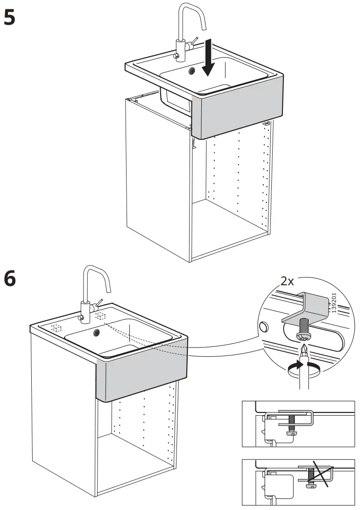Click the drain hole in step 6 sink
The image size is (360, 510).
pyautogui.click(x=97, y=332)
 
